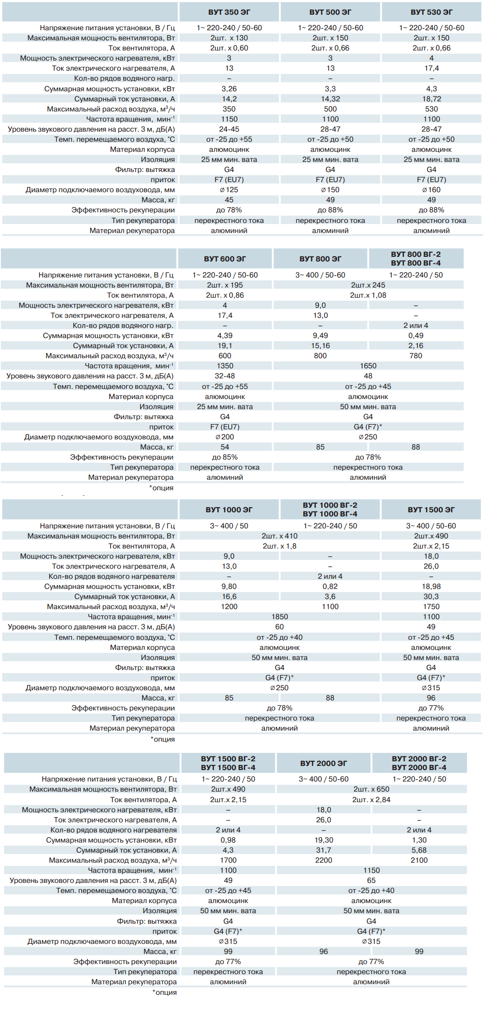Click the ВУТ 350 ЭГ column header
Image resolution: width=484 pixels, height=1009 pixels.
229,12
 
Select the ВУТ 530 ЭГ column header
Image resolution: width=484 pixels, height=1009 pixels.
431,12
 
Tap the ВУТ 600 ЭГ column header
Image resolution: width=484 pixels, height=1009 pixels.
225,259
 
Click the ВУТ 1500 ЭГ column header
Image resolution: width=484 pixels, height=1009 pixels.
431,510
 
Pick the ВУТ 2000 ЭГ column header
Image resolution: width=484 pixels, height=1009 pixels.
324,764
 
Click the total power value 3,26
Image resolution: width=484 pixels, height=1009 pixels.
229,89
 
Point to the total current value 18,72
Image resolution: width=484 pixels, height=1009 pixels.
431,99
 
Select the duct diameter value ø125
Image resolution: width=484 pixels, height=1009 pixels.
229,190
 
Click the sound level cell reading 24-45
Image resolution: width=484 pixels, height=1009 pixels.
229,129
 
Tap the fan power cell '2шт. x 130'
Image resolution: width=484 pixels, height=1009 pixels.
229,38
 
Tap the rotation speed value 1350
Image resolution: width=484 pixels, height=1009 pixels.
225,366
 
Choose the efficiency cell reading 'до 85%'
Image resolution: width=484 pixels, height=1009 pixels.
225,457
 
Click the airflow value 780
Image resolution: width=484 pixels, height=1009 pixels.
416,356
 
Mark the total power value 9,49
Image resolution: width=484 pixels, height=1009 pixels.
320,336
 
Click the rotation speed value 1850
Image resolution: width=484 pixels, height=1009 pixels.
280,617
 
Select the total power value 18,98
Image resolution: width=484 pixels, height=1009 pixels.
431,587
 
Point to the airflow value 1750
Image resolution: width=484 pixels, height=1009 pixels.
431,607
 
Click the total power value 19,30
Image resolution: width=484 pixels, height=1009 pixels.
324,840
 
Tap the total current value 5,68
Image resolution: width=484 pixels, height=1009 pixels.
419,850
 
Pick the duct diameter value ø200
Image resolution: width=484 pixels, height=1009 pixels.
225,437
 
